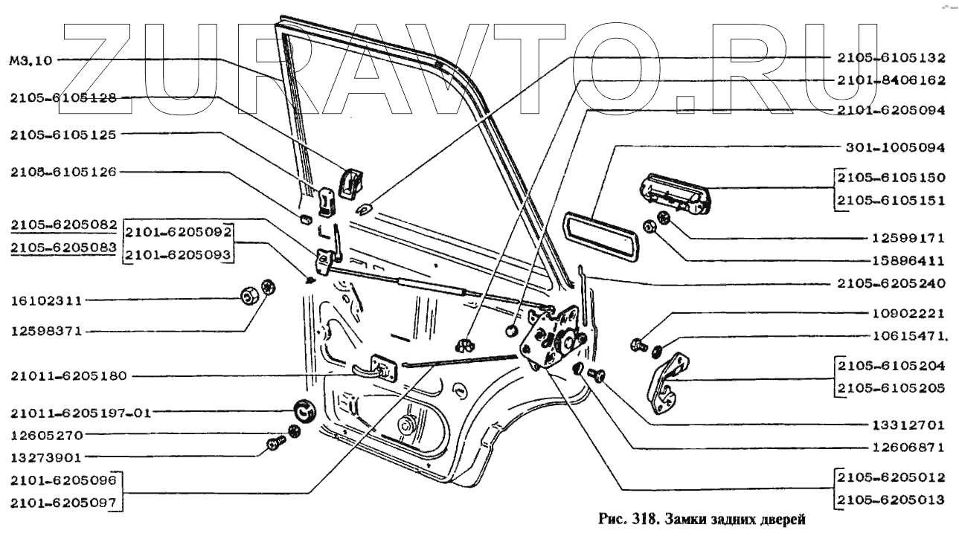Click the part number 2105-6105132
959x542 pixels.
click(891, 58)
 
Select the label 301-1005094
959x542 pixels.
click(895, 148)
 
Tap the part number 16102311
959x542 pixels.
click(46, 300)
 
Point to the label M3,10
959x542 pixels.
click(31, 60)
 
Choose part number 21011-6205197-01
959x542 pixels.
click(81, 413)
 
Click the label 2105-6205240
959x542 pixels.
click(891, 283)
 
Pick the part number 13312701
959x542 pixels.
click(908, 425)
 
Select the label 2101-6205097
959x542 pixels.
click(63, 503)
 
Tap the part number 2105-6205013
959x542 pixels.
click(891, 500)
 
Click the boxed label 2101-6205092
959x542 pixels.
click(178, 232)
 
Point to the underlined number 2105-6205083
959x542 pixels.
click(63, 248)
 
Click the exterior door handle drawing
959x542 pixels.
click(675, 194)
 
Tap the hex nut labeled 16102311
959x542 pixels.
click(248, 296)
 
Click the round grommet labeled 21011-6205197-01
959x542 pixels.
click(305, 410)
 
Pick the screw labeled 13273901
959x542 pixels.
click(276, 443)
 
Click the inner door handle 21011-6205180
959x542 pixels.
click(376, 370)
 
